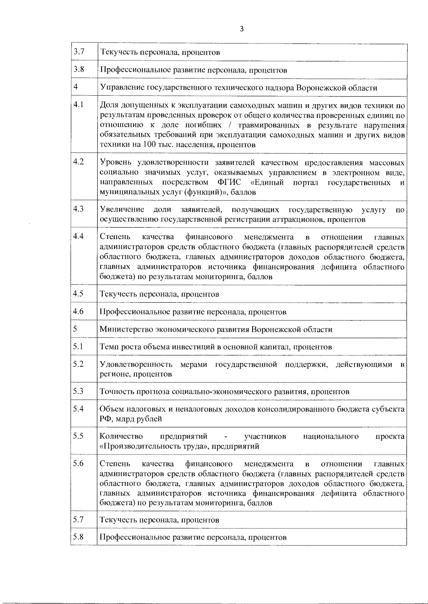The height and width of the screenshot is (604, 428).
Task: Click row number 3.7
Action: tap(78, 52)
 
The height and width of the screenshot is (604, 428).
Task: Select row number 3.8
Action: tap(78, 69)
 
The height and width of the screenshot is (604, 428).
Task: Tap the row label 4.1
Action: tap(78, 105)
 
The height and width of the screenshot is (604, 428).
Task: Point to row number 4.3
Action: tap(78, 209)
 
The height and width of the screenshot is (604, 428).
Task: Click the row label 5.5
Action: tap(78, 436)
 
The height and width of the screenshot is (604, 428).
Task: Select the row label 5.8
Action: tap(78, 537)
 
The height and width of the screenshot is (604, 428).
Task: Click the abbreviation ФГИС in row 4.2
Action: tap(229, 183)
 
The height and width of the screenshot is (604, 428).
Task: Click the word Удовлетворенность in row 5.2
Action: tap(136, 365)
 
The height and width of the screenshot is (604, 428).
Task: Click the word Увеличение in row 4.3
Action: tap(122, 209)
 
